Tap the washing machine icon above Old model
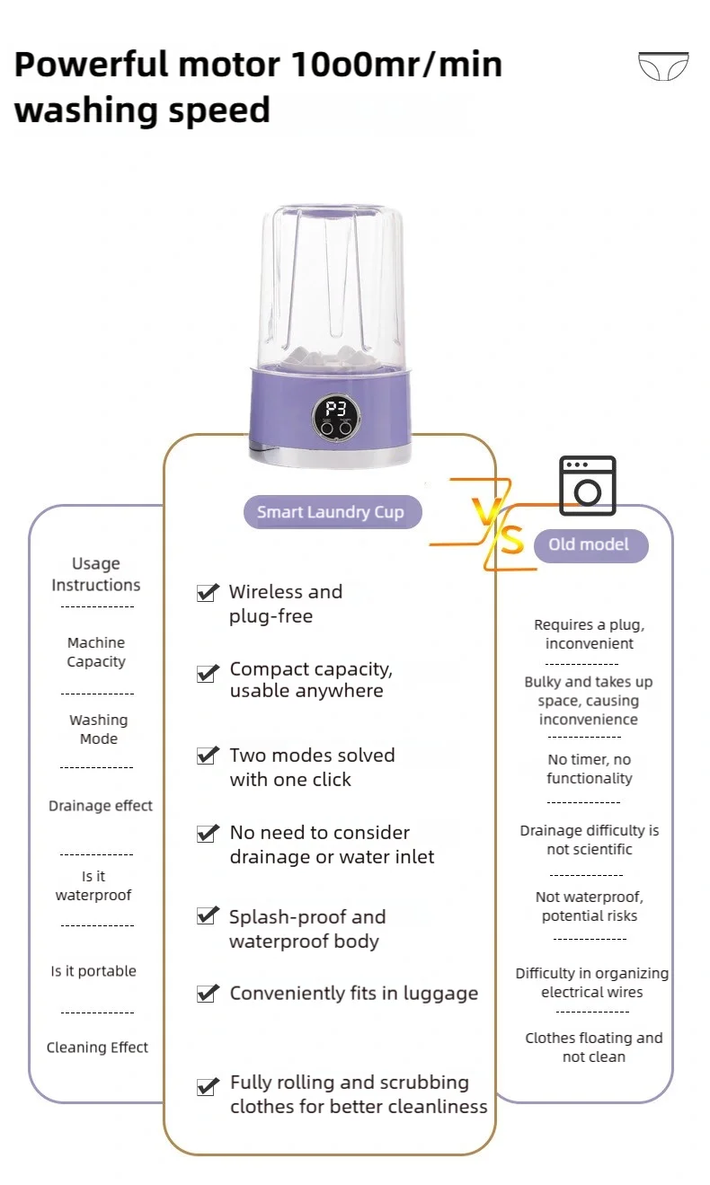point(588,485)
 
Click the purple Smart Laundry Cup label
point(331,512)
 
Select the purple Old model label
point(589,544)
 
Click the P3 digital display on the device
point(335,411)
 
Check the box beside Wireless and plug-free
point(208,593)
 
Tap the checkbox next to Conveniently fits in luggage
point(208,994)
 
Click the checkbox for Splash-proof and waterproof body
point(208,916)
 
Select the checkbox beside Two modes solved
point(208,756)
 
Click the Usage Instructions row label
point(96,574)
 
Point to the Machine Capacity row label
point(96,652)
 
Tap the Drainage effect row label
point(101,806)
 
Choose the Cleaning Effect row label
point(97,1048)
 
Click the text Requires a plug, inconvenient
point(590,634)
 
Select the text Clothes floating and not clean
point(594,1048)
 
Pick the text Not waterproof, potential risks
point(590,906)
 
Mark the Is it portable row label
point(93,971)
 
